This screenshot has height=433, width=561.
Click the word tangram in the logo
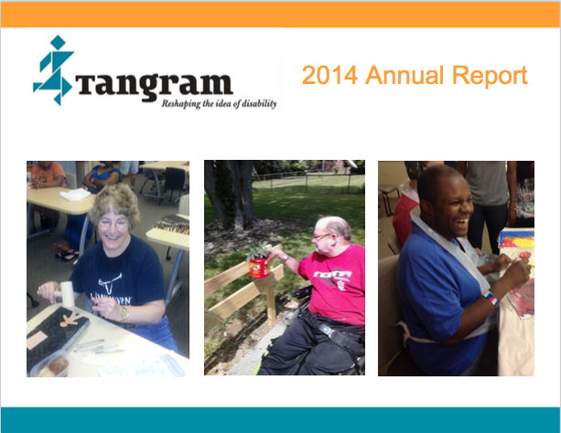154,86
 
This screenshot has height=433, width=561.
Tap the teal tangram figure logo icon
53,70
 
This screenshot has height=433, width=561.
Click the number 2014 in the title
329,75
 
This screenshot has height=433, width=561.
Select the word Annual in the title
405,75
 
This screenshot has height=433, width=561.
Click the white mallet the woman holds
66,293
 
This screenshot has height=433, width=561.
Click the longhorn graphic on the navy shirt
110,284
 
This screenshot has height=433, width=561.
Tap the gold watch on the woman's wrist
124,313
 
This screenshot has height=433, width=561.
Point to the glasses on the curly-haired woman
113,224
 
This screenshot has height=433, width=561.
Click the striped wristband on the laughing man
491,299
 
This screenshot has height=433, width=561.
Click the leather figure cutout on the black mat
70,319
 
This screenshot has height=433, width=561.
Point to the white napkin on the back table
75,195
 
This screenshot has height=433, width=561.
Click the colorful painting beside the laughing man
516,239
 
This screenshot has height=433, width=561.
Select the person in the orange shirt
47,175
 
